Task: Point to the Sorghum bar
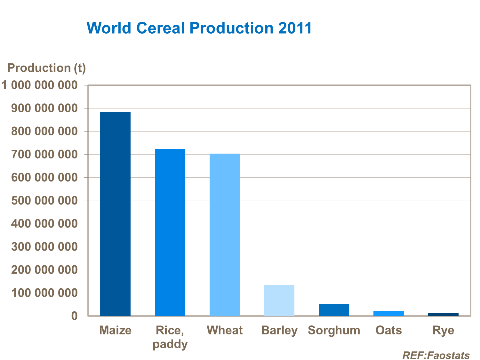tap(334, 309)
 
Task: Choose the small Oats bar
tap(388, 313)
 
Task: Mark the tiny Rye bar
tap(443, 315)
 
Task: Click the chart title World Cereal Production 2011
tap(199, 28)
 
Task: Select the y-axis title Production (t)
tap(46, 68)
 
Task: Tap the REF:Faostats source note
tap(436, 355)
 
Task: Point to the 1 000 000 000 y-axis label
tap(40, 85)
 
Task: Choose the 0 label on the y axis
tap(74, 316)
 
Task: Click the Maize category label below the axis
tap(115, 330)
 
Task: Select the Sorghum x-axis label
tap(334, 330)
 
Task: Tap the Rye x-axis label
tap(443, 330)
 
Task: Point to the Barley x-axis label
tap(279, 330)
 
